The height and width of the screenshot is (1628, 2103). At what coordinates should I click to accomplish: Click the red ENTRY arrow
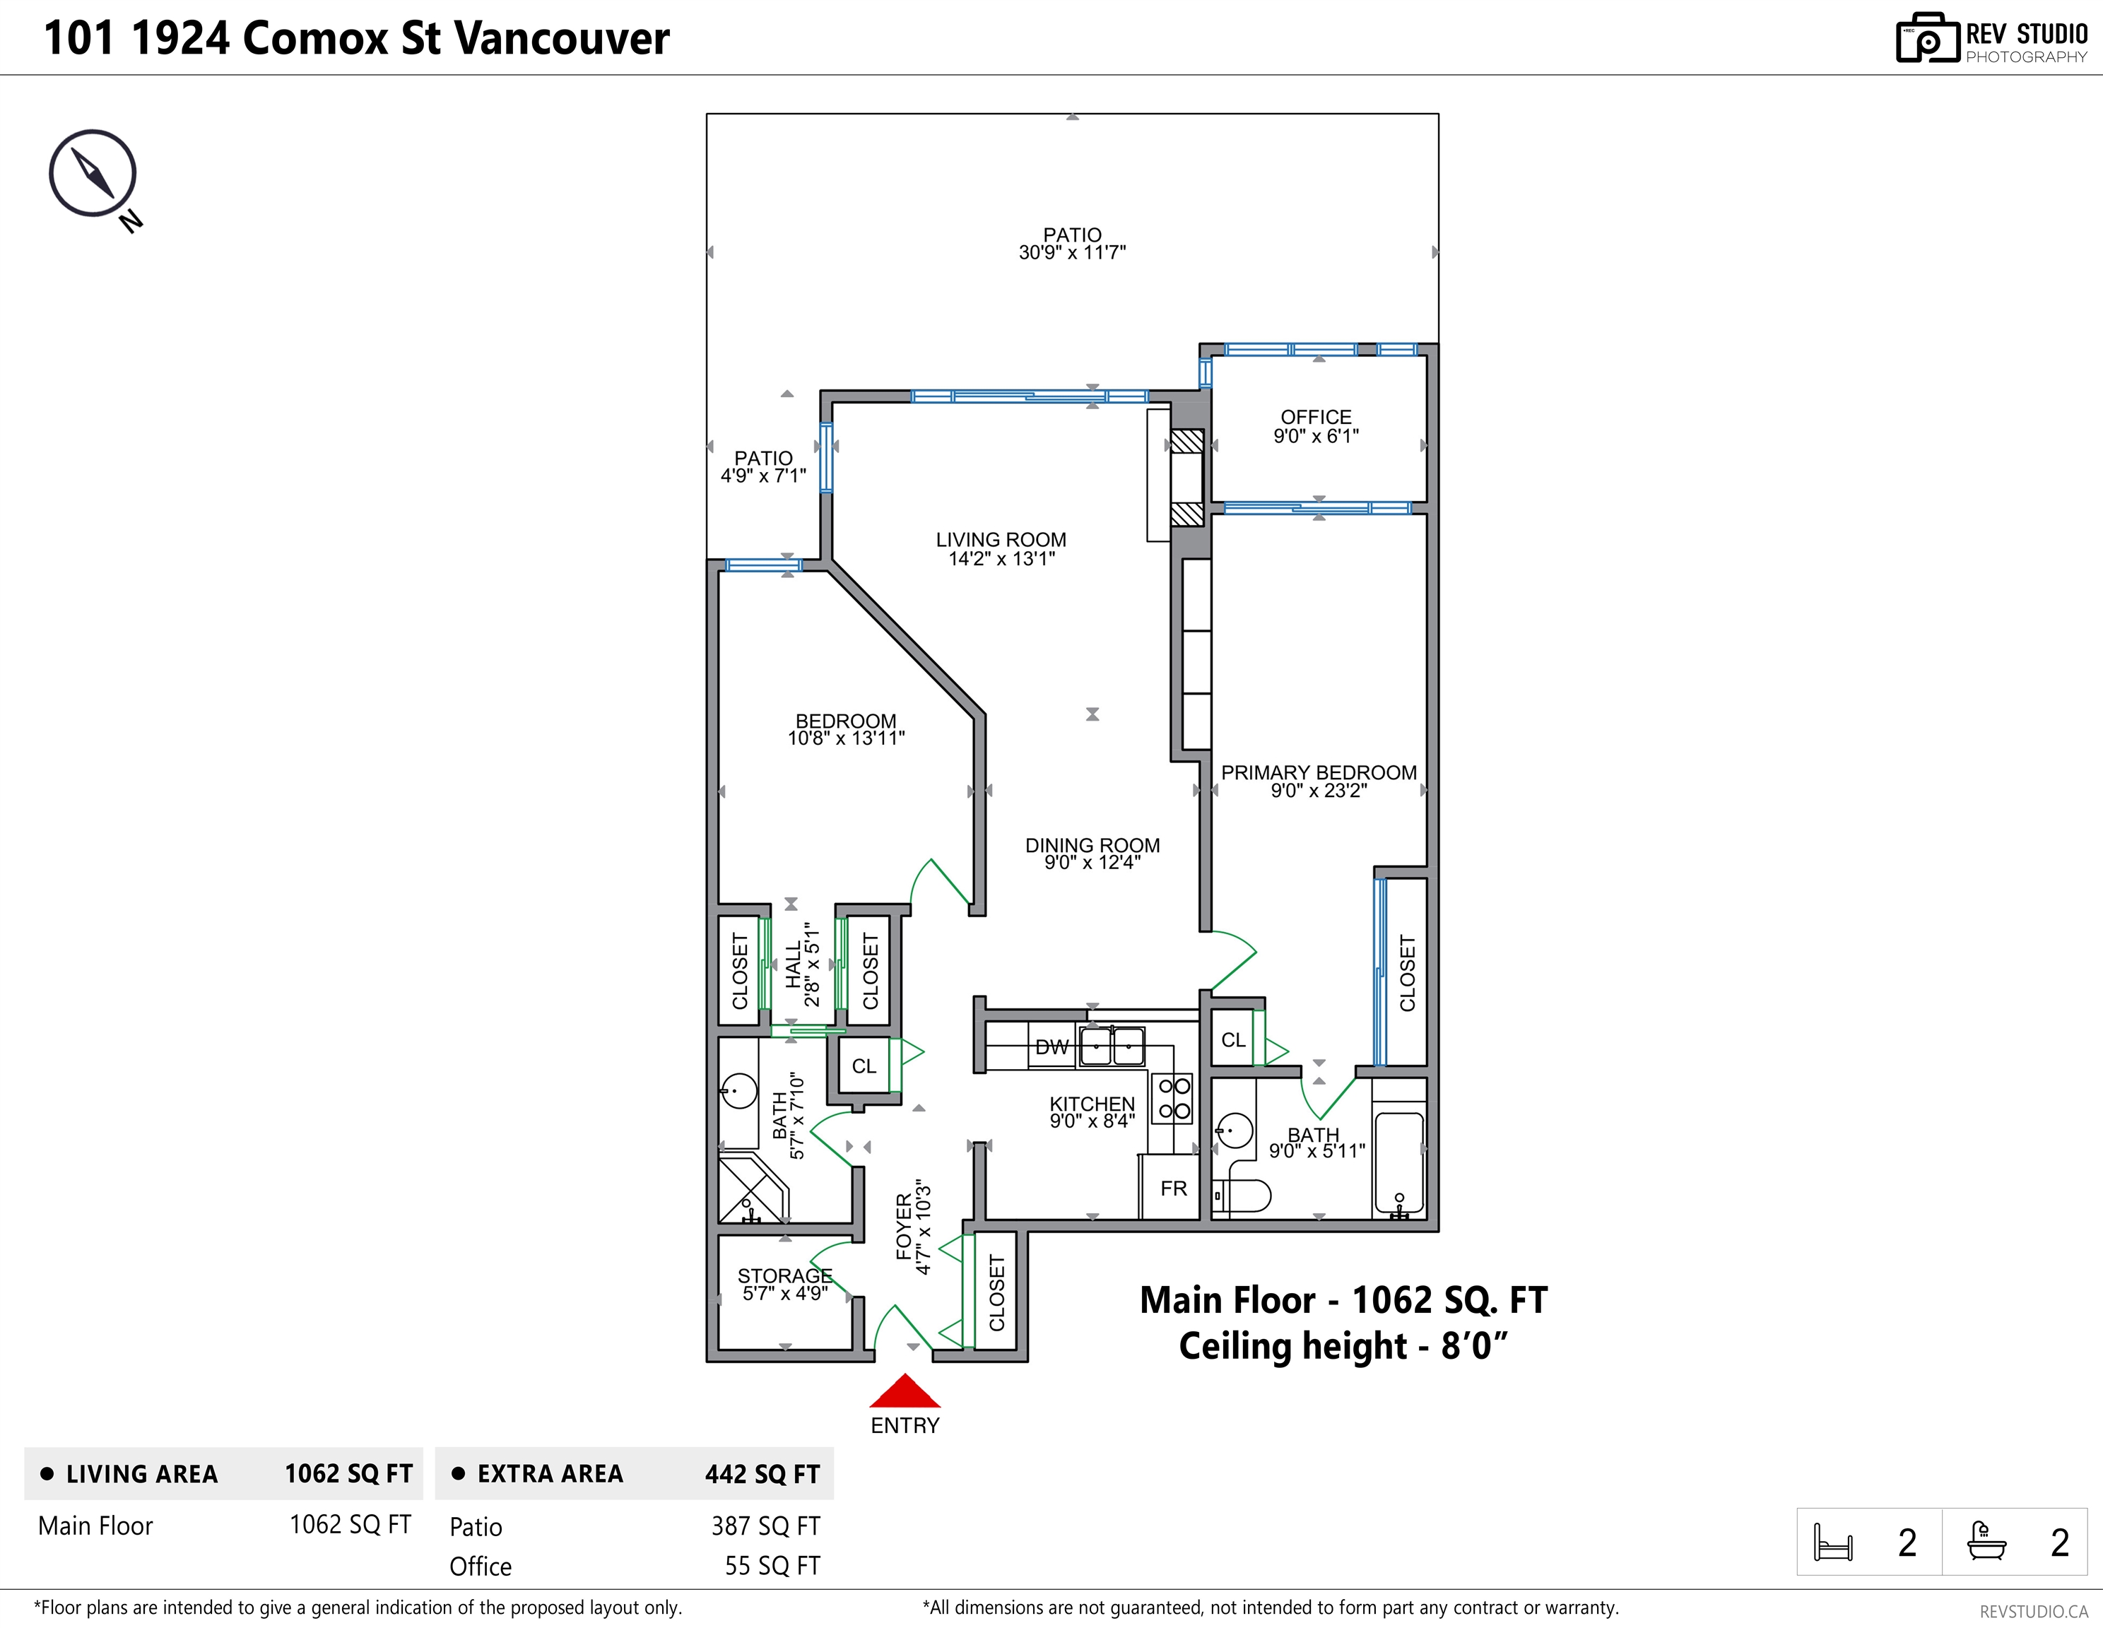tap(905, 1391)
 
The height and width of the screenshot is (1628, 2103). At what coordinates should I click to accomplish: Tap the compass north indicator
tap(93, 173)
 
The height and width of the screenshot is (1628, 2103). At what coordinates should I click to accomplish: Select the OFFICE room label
tap(1316, 417)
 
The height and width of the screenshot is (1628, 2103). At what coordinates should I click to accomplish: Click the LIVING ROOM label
tap(1001, 540)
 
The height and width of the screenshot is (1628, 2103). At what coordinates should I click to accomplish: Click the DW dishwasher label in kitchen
tap(1051, 1047)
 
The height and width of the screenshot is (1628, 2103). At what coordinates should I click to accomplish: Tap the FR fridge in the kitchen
tap(1174, 1188)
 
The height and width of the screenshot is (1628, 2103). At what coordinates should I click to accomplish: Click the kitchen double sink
tap(1112, 1046)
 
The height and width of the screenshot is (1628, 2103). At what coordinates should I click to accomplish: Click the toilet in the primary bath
tap(1242, 1196)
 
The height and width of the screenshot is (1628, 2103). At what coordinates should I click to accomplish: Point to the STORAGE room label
tap(785, 1275)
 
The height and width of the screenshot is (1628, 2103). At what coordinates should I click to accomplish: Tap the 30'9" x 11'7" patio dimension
tap(1073, 252)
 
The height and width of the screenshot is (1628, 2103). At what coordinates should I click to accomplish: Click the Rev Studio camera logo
tap(1928, 39)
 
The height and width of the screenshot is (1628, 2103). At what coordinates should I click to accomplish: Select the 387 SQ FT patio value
tap(765, 1526)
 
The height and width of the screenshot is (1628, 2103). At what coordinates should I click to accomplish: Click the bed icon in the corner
tap(1832, 1543)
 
